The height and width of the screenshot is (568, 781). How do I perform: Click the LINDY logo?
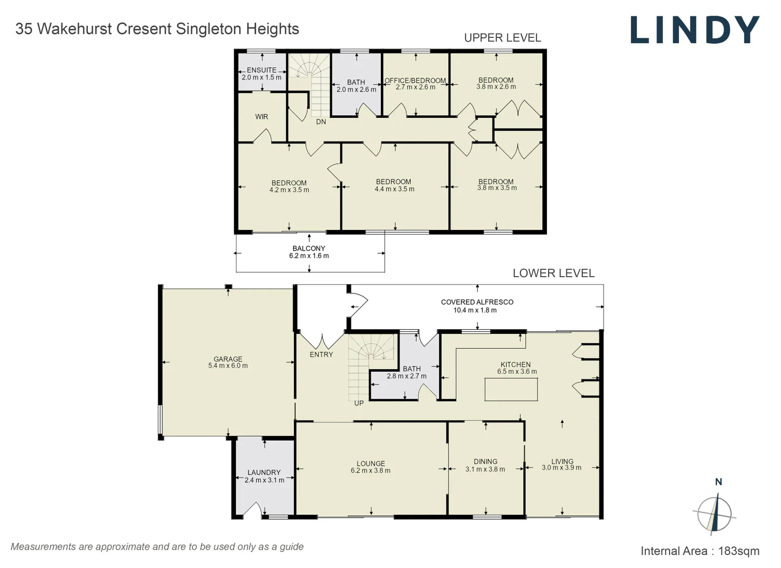tap(695, 30)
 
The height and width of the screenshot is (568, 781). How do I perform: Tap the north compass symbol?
tap(714, 513)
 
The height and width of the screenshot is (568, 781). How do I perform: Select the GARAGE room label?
tap(228, 359)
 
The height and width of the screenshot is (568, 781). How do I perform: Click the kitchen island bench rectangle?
tap(511, 390)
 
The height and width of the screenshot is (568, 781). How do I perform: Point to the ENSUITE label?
tap(261, 70)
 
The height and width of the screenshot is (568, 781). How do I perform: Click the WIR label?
tap(261, 117)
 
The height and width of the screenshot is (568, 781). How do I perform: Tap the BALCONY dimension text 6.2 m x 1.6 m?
tap(309, 256)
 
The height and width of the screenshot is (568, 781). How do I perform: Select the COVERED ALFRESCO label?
tap(476, 302)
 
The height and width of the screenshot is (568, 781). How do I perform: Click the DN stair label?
tap(321, 122)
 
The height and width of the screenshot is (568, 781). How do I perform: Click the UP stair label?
tap(359, 403)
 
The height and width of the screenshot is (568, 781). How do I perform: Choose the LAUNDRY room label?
tap(264, 472)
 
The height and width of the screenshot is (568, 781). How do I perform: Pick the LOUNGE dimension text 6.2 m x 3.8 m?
tap(370, 471)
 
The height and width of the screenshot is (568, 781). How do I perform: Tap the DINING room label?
tap(485, 461)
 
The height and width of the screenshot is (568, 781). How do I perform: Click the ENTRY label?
tap(321, 354)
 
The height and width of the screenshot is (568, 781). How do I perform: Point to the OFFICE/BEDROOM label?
tap(415, 80)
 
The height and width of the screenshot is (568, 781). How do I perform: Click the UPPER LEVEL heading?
tap(502, 38)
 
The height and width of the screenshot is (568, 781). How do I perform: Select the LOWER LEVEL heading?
tap(553, 273)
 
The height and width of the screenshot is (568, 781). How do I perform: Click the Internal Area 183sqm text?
tap(699, 551)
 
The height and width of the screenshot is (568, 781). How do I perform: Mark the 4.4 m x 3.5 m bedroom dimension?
tap(394, 189)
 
